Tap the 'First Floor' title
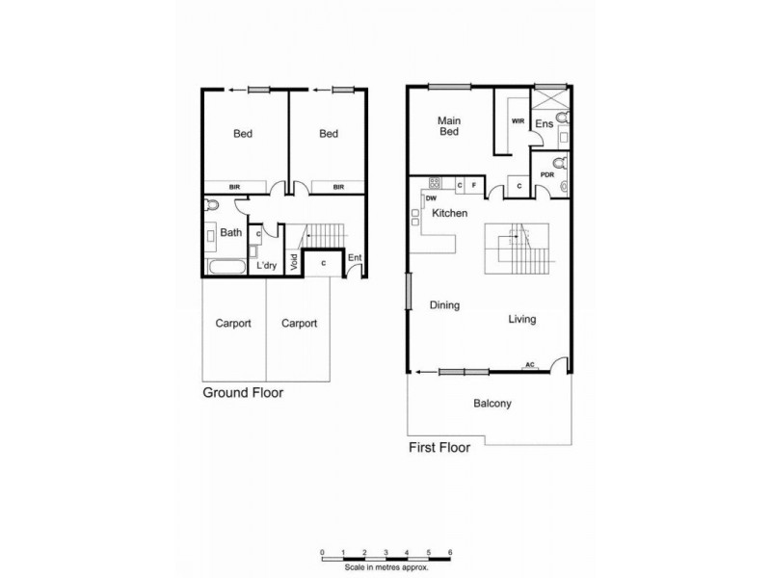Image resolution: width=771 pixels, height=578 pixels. coord(439,448)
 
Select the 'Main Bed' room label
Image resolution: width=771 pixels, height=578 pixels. coord(448,126)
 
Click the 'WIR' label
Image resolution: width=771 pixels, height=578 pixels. coord(518,121)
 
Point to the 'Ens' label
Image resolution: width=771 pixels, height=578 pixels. coord(544,124)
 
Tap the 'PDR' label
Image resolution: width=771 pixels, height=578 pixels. coord(546,174)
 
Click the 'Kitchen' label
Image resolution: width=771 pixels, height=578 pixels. coord(449,212)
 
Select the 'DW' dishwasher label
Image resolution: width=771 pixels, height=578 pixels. coord(431,197)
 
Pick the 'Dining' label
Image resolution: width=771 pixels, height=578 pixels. coord(444,305)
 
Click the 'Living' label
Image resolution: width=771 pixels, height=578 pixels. coord(522,320)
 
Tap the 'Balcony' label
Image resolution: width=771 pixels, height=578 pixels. coord(492,404)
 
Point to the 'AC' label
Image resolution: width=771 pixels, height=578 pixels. coord(529,364)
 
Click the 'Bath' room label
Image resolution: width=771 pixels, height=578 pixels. coord(231,232)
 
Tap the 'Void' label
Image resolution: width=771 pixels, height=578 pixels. coord(293,264)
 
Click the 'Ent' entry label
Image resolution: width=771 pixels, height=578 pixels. coord(355,257)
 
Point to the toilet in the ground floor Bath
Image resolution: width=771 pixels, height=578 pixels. coord(212,205)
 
